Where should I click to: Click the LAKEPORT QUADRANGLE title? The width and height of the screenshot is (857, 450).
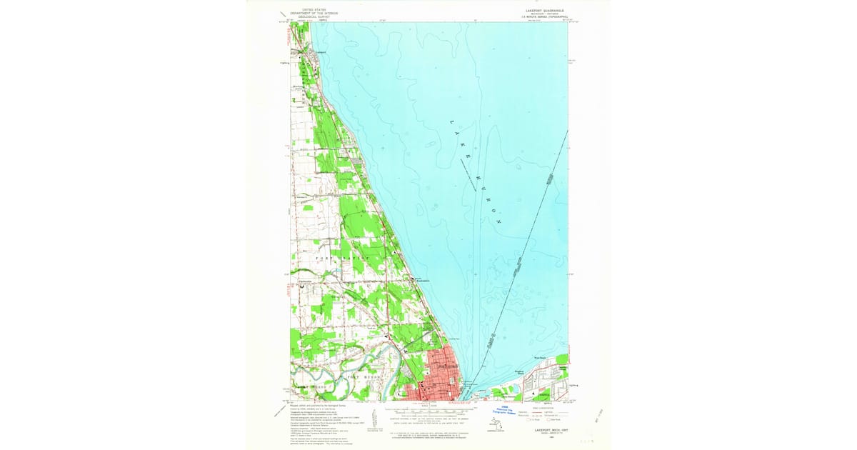pos(545,11)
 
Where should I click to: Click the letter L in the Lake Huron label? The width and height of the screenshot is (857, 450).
pos(451,123)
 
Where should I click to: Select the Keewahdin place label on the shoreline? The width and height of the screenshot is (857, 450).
pos(422,281)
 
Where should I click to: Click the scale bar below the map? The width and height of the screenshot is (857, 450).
pos(428,412)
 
